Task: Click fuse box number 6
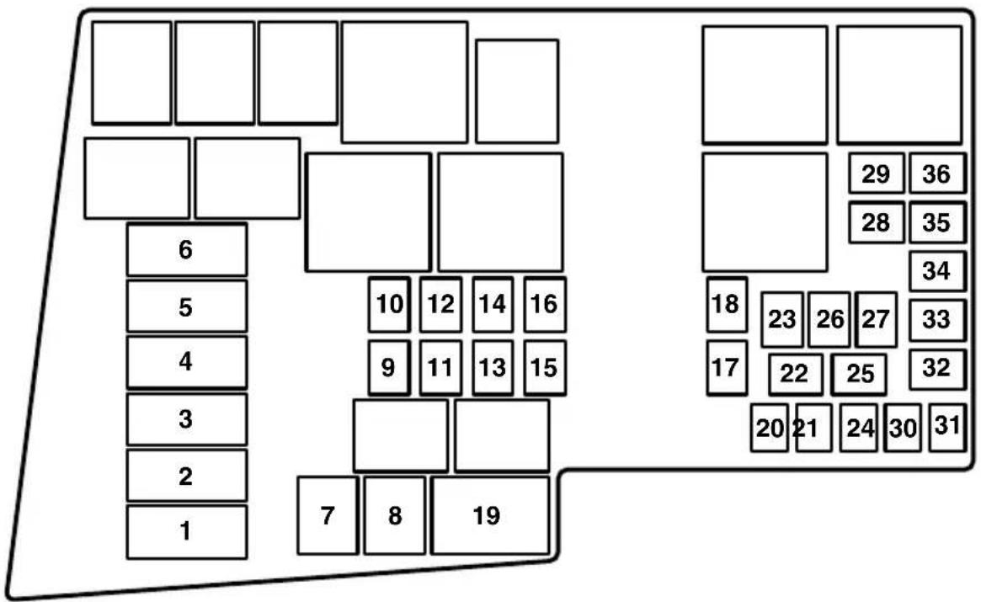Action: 186,250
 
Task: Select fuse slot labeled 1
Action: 186,531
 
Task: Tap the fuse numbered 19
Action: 489,516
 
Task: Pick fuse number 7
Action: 328,515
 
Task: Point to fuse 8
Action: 394,516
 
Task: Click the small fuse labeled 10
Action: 389,304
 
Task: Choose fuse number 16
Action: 545,304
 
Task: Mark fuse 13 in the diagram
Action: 493,368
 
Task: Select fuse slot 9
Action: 389,368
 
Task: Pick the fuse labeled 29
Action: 876,174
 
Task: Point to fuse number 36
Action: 936,174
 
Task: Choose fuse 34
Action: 936,271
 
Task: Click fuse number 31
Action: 947,427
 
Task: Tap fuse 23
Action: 782,320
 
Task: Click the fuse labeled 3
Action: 186,418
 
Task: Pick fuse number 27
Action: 876,320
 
